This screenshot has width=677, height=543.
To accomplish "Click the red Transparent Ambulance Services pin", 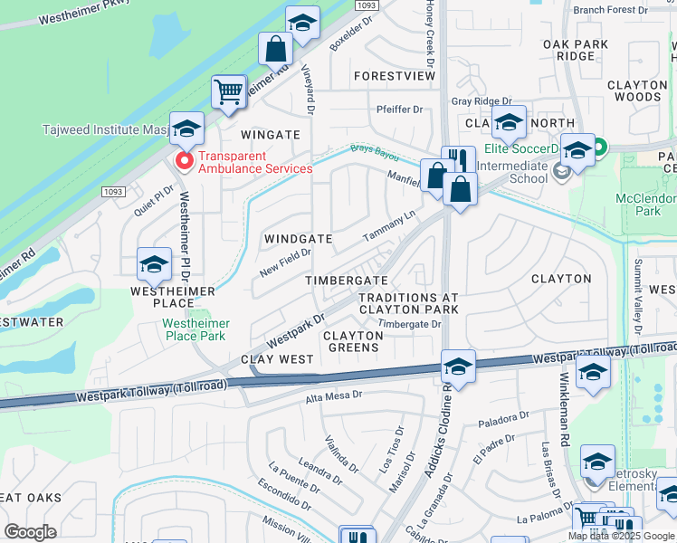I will point(184,161).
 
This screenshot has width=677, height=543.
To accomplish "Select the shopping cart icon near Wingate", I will point(229,91).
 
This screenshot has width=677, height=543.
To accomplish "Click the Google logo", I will point(30,532).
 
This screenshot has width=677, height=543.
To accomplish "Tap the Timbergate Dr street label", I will point(409,324).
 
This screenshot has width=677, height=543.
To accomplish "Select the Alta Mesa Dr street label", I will point(333,395).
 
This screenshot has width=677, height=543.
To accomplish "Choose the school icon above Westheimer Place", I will point(154,264).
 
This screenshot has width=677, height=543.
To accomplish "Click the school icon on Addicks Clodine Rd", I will point(458,367).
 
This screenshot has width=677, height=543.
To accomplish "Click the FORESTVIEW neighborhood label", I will point(395,77).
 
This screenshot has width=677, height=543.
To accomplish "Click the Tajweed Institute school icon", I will point(186,129).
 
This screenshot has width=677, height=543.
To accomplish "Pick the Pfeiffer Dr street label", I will point(399,110).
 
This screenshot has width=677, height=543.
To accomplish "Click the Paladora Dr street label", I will point(504,419).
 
